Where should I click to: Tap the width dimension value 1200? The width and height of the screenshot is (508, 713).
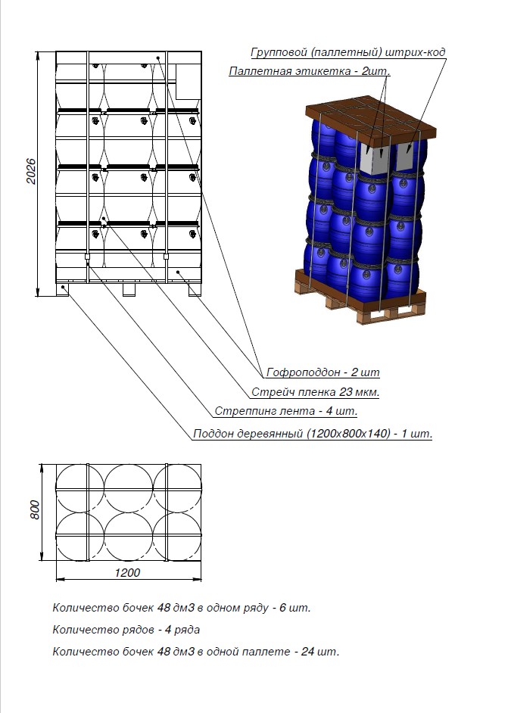(128, 573)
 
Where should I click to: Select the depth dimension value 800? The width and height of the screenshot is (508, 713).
(35, 511)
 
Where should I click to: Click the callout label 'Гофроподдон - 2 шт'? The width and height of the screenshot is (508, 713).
(323, 372)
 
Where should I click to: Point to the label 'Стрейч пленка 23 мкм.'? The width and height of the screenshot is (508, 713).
(315, 392)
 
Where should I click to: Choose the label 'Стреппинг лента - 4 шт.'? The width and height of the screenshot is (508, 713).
(285, 412)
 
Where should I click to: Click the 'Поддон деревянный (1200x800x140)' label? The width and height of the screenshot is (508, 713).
(313, 434)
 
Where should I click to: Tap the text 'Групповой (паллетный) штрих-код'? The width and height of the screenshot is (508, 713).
(347, 52)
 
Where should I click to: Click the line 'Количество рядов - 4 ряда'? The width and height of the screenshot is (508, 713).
(126, 630)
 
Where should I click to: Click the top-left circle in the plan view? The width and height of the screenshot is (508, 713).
(80, 487)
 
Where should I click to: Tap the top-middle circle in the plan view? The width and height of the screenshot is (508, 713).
(129, 487)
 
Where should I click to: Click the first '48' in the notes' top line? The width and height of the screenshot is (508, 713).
(166, 608)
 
